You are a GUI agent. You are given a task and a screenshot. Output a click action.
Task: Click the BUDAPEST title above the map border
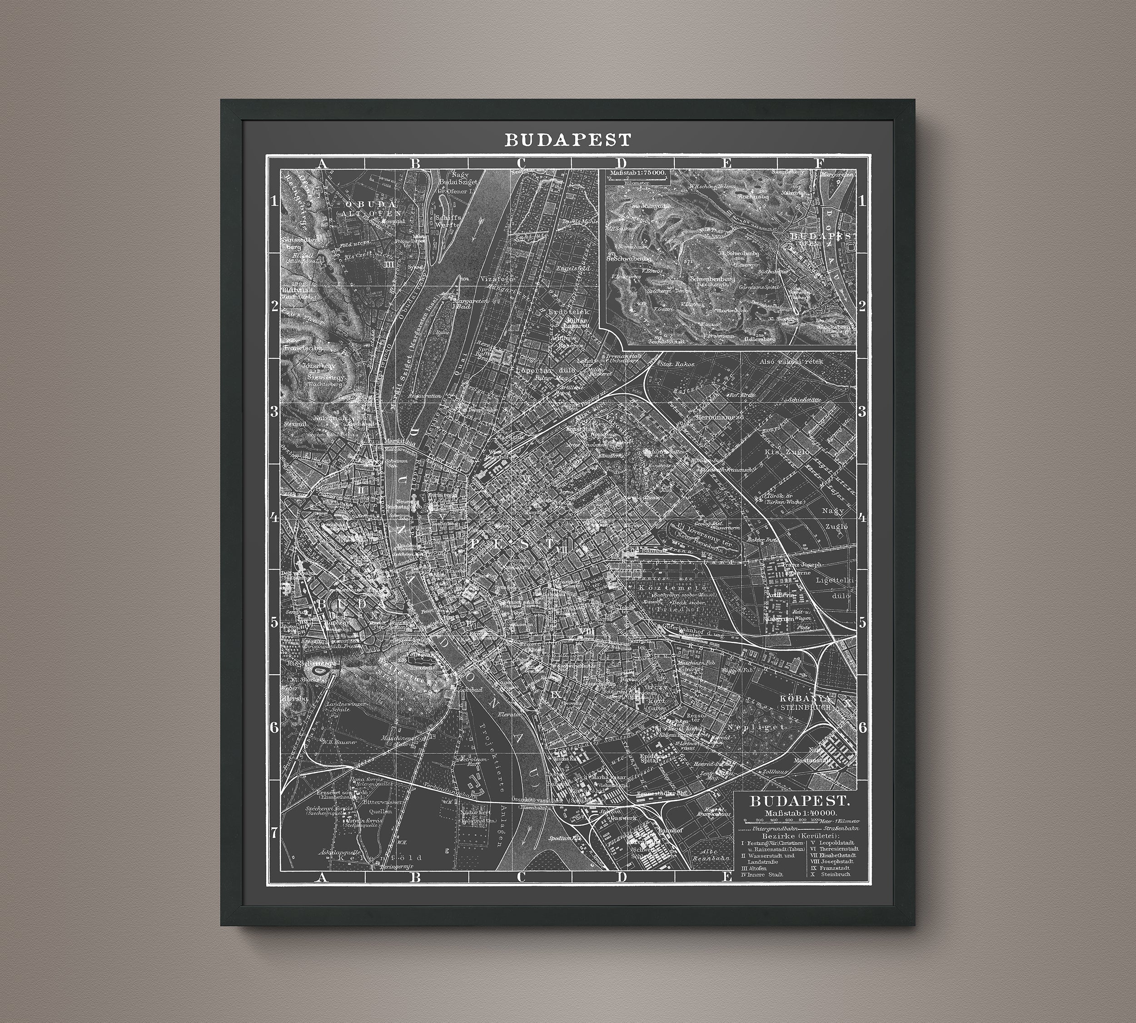[x=568, y=140]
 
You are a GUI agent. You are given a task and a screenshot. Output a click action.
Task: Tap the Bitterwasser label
[x=368, y=802]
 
